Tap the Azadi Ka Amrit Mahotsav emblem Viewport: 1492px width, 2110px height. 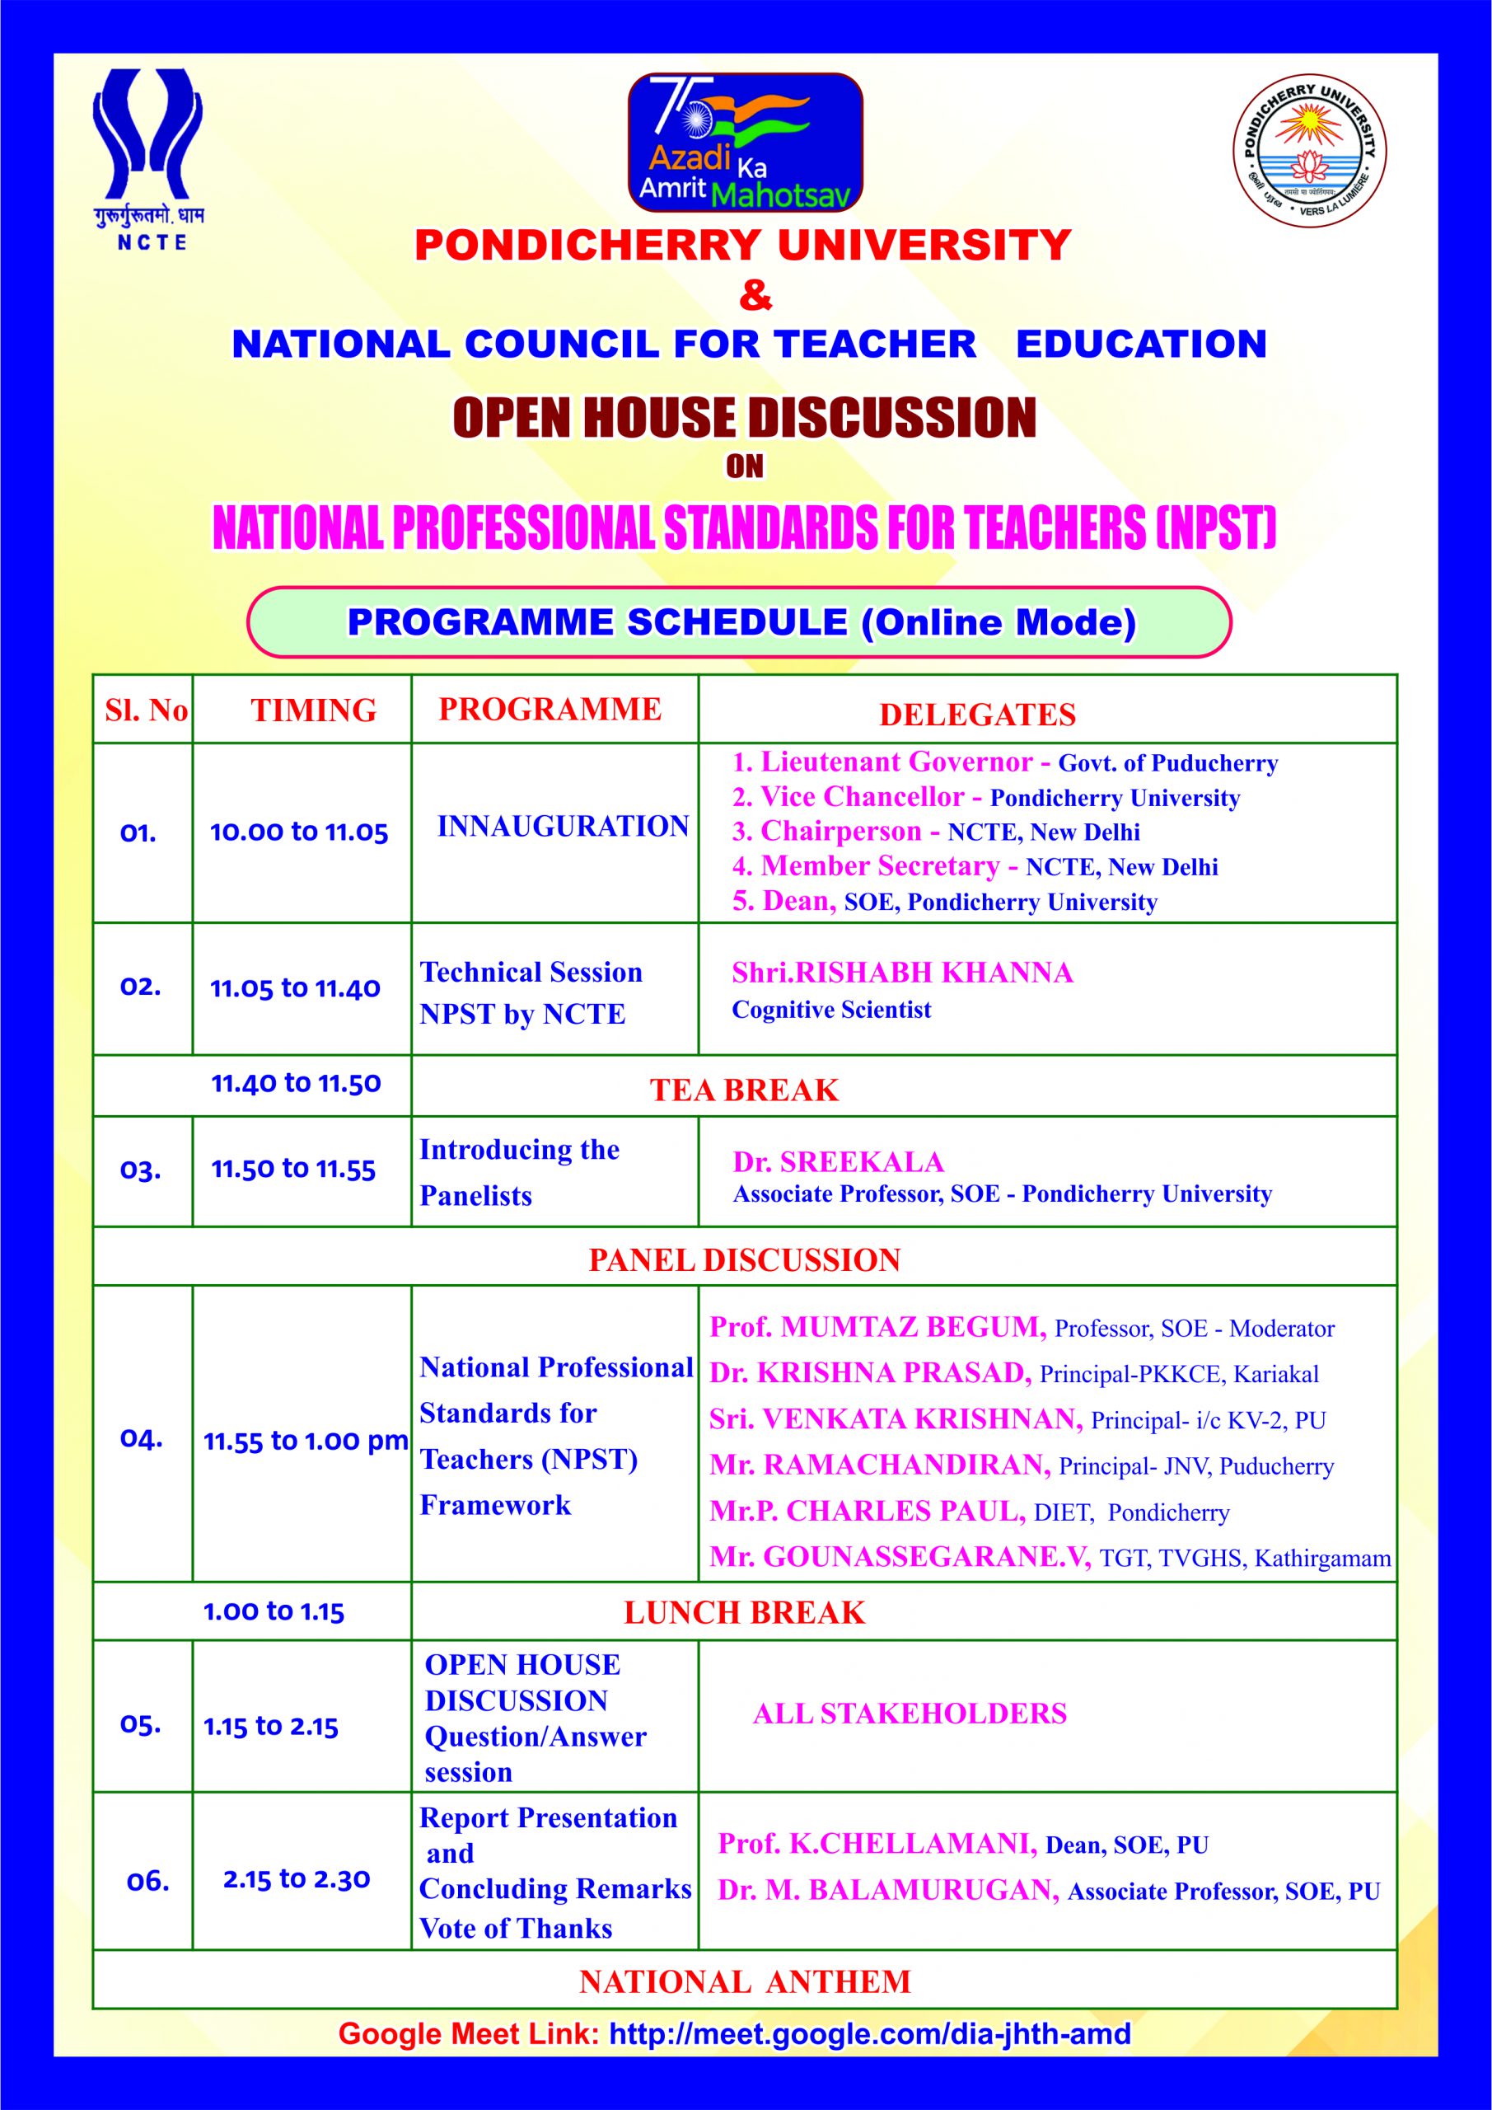pyautogui.click(x=745, y=143)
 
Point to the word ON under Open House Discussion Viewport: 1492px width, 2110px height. pyautogui.click(x=744, y=467)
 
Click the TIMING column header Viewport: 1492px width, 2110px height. pyautogui.click(x=313, y=710)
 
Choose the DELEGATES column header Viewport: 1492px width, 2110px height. pyautogui.click(x=978, y=715)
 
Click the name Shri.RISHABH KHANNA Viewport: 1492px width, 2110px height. pyautogui.click(x=902, y=973)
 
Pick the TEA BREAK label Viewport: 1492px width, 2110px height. pyautogui.click(x=744, y=1090)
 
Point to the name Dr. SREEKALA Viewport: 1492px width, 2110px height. pyautogui.click(x=838, y=1161)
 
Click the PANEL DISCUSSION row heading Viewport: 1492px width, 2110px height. pyautogui.click(x=744, y=1260)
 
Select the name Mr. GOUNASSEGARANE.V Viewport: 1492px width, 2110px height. pyautogui.click(x=900, y=1557)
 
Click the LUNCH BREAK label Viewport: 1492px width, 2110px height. pyautogui.click(x=744, y=1613)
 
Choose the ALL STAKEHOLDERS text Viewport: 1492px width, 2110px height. pyautogui.click(x=910, y=1713)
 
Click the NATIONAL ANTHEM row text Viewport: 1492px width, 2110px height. pyautogui.click(x=744, y=1981)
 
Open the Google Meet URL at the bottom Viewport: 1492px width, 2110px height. pyautogui.click(x=870, y=2033)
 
